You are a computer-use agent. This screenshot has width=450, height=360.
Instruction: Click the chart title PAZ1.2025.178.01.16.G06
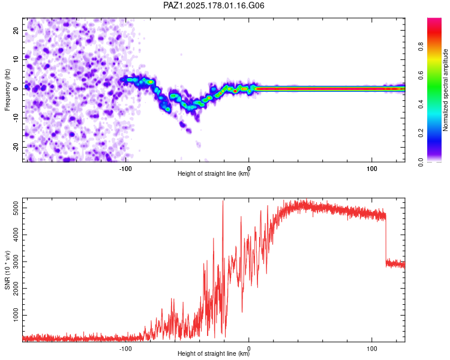(x=214, y=5)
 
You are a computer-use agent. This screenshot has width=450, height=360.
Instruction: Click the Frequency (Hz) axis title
(x=7, y=90)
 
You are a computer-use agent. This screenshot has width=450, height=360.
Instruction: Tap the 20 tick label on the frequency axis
(x=16, y=31)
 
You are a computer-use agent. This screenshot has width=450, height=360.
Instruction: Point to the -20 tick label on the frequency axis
(x=16, y=147)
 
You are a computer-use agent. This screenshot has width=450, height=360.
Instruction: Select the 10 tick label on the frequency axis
(x=16, y=59)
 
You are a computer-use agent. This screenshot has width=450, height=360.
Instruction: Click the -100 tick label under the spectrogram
(x=125, y=169)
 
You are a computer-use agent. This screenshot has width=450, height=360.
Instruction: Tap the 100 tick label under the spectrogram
(x=371, y=169)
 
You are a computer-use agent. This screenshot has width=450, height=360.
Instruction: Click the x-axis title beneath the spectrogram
(x=214, y=173)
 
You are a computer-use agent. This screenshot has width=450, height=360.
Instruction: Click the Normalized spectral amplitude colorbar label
(x=445, y=89)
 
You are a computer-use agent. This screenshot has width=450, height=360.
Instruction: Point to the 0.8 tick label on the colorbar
(x=421, y=47)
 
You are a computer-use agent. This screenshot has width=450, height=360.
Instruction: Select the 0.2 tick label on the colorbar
(x=421, y=133)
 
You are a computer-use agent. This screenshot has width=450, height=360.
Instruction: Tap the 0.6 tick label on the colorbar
(x=421, y=75)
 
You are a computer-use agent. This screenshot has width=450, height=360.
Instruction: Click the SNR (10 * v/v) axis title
(x=7, y=270)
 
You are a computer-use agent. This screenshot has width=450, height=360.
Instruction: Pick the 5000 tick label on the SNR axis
(x=16, y=208)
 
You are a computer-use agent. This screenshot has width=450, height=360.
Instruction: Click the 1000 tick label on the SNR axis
(x=16, y=315)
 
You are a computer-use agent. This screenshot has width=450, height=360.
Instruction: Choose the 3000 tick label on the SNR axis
(x=16, y=262)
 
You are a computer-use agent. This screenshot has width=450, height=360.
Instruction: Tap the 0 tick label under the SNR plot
(x=248, y=349)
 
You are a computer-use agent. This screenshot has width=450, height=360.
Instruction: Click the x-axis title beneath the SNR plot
(x=214, y=353)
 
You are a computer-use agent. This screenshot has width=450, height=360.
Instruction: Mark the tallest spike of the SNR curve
(x=223, y=201)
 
